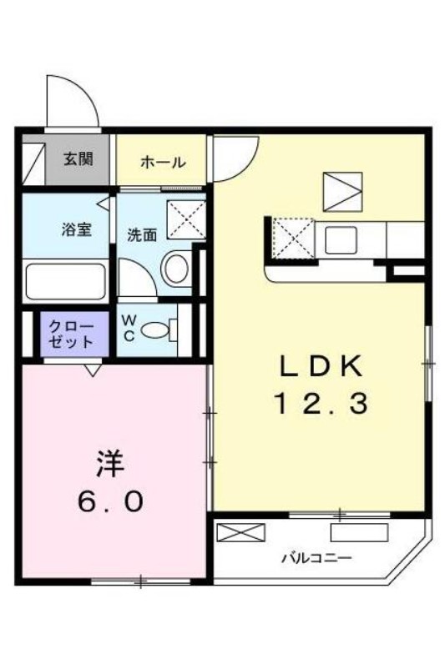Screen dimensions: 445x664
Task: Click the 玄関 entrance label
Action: point(78,158)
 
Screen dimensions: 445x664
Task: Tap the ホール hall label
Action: point(163,162)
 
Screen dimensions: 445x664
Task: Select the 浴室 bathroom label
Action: point(77,229)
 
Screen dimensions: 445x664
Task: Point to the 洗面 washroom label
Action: point(143,235)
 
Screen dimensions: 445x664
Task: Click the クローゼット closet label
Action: point(71,334)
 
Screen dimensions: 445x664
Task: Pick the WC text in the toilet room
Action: point(129,328)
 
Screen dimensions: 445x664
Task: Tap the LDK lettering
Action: point(321,367)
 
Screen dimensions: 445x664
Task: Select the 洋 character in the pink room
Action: point(110,465)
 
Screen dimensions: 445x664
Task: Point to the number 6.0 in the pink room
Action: point(110,502)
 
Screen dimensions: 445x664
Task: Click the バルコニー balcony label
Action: point(317,558)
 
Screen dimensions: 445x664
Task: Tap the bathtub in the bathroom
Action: point(66,281)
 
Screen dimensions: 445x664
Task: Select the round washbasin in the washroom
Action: point(176,268)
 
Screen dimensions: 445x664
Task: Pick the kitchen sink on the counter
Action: point(341,239)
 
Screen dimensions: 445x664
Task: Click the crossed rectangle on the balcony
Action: point(240,532)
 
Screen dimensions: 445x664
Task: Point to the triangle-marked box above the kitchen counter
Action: point(342,192)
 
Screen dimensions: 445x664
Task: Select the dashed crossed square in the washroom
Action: point(186,219)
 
